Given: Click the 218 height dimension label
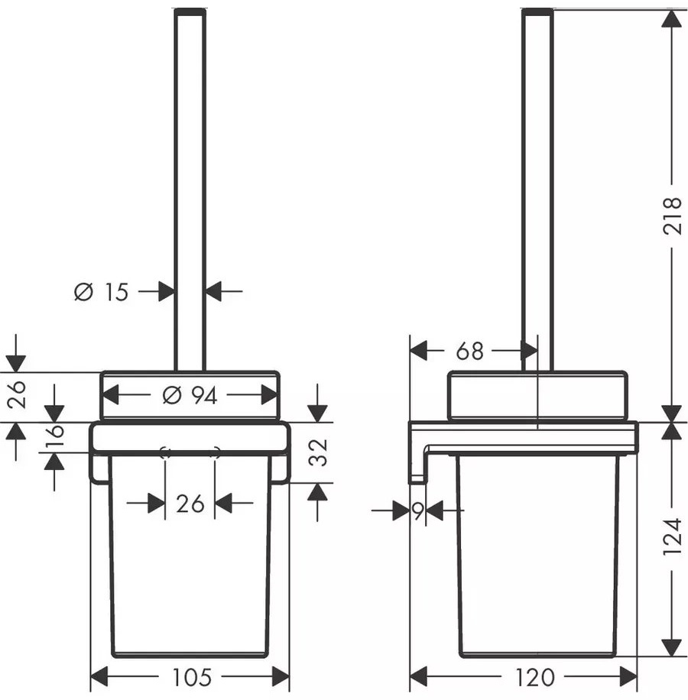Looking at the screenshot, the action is pos(673,216).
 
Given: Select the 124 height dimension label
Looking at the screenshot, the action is pos(673,536).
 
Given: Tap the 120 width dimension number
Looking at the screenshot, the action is pos(535,678).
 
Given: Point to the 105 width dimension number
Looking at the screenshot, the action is pos(192,678).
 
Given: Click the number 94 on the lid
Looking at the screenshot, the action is pos(204,396).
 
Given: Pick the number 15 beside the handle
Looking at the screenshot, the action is pos(116,292).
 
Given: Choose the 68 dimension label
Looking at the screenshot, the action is pos(469,351).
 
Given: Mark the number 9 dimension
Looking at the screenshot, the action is pos(418,510).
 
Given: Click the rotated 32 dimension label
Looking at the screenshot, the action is pos(319,452).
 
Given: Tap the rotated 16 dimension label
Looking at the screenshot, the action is pos(54,436).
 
